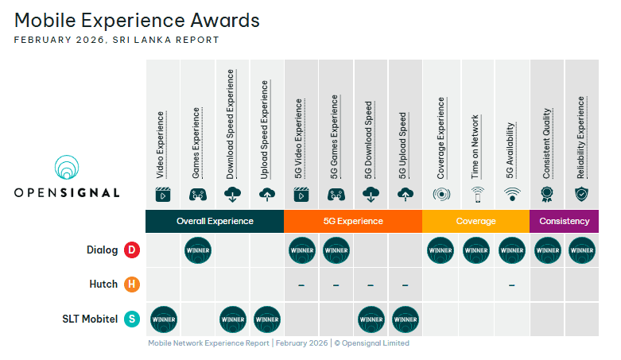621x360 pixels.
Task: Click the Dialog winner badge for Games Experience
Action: pos(198,250)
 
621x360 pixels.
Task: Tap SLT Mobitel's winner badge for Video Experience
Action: pos(164,319)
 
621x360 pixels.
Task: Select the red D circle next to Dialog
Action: pos(132,250)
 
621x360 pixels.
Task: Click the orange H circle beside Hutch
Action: pos(132,285)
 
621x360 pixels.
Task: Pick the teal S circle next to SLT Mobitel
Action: pos(132,319)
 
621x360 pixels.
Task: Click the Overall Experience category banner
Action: pos(215,221)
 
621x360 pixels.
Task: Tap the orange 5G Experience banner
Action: pos(353,221)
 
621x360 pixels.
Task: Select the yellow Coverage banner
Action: pos(475,221)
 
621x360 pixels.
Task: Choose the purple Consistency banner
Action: pos(564,221)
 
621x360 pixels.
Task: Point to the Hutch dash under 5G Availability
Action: pos(512,285)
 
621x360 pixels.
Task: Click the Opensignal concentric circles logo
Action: pos(67,167)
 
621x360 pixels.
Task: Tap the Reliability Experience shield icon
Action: pos(581,194)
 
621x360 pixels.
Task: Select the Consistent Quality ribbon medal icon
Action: pos(546,194)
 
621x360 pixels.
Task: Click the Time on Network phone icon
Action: pos(478,195)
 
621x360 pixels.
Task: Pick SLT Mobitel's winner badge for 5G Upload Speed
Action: pos(406,319)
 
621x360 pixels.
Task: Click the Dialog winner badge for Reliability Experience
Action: pos(582,250)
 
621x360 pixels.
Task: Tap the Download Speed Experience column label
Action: pos(230,124)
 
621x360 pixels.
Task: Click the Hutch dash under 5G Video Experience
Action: pos(301,285)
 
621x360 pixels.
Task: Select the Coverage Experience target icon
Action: pos(441,195)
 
